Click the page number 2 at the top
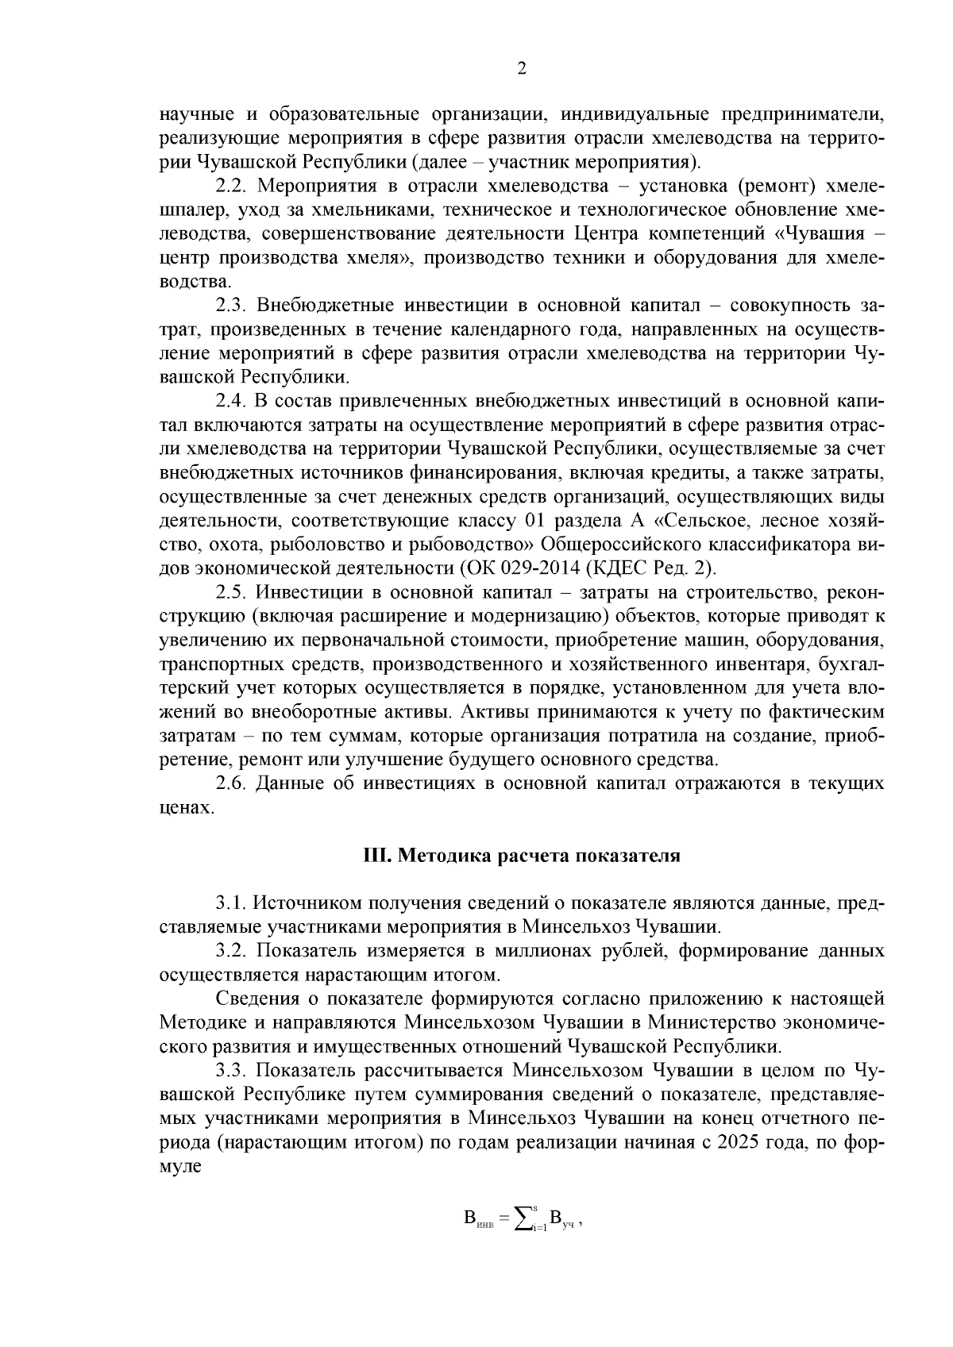point(521,69)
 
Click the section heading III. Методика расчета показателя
point(521,856)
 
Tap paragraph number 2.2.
point(233,186)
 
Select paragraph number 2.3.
point(233,306)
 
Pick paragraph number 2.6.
point(233,783)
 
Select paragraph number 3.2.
point(233,951)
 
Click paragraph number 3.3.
point(233,1071)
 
